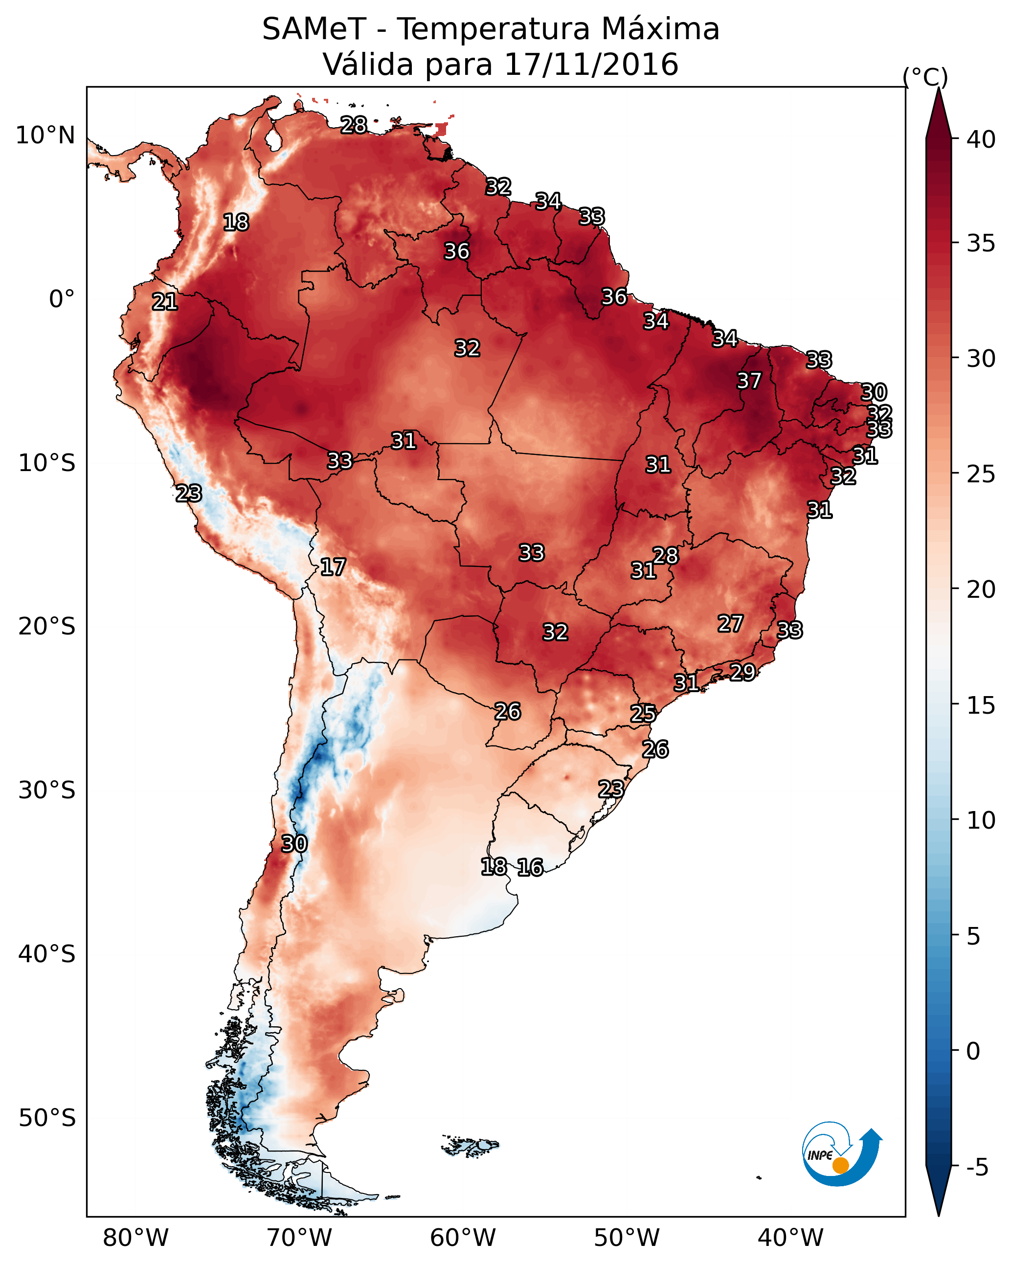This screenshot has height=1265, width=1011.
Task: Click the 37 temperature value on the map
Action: pos(749,381)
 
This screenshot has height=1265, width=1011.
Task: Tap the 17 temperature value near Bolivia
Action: pos(333,567)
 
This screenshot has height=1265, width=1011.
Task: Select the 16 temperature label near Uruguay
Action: pos(530,867)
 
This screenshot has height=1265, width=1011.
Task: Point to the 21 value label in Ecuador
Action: pos(165,302)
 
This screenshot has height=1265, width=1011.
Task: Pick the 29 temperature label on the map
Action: pos(742,671)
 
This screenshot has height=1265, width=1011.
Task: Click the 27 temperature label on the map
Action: pos(731,623)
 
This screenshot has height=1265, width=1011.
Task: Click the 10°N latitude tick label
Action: pos(45,136)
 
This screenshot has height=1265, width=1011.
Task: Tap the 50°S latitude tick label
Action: pos(47,1118)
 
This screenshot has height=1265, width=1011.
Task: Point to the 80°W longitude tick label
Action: pos(135,1238)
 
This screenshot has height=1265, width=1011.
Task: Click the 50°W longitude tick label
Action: pos(627,1238)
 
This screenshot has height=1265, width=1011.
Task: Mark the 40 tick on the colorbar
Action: pos(981,139)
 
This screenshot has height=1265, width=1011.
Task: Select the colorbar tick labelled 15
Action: pos(981,705)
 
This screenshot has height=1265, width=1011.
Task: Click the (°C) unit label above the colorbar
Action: pos(925,77)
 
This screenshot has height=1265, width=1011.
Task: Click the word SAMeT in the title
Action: pos(314,29)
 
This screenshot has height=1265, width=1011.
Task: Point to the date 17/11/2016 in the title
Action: pos(591,65)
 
